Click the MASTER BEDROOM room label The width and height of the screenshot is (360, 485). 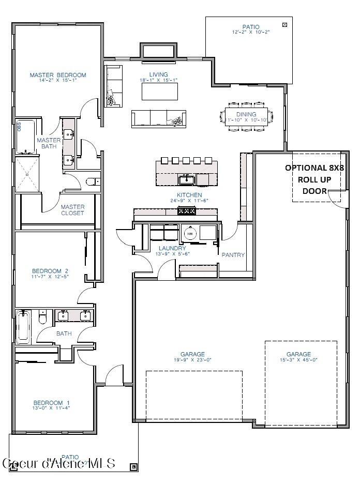pos(57,75)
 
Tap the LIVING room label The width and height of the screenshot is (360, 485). pos(158,75)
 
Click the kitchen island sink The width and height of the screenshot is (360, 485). pos(187,180)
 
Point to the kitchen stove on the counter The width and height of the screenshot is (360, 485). pos(186,210)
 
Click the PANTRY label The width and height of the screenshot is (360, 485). pos(233,255)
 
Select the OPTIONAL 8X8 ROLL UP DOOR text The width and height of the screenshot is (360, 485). pos(314,179)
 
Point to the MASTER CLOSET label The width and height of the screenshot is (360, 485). pos(72,210)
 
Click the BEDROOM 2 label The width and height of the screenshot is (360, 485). pos(50,271)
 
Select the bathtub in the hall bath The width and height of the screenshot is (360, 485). pos(23,327)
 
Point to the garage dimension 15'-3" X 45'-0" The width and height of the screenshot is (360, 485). pos(298,360)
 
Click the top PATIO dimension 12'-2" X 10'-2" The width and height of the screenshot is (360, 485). pos(251,32)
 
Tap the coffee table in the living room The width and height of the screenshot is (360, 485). pos(160,92)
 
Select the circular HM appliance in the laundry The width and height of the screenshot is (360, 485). pos(190,234)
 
